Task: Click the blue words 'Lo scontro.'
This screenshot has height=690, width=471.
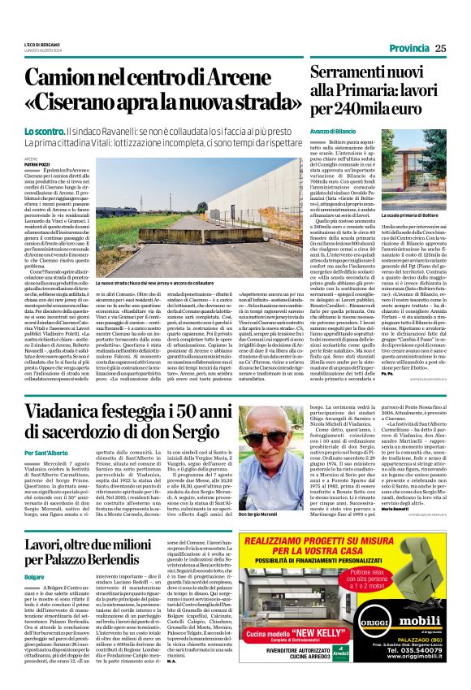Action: click(x=45, y=131)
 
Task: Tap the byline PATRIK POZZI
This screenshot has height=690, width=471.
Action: click(x=38, y=164)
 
